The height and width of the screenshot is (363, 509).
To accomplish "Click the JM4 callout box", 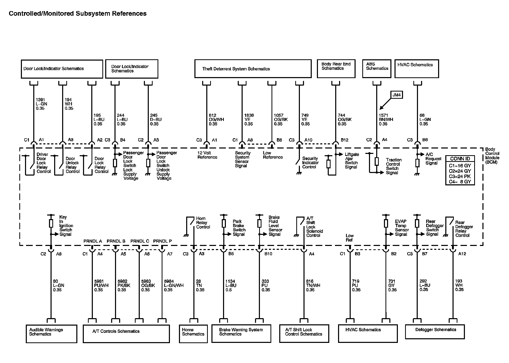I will (x=397, y=95).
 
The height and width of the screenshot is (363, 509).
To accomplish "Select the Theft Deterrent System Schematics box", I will (x=253, y=69).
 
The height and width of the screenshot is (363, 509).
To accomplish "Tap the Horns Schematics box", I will (x=193, y=333).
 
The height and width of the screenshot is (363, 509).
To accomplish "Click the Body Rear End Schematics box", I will (x=336, y=69).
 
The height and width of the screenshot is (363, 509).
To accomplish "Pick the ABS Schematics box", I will (x=377, y=69).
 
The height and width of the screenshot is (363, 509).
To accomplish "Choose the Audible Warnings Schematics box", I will (x=51, y=334).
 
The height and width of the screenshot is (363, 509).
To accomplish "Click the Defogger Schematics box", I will (x=435, y=331).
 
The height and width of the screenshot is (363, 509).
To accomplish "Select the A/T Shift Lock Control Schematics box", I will (x=304, y=333).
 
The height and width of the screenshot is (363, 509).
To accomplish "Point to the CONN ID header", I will (x=460, y=159).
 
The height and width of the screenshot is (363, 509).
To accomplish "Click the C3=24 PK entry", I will (x=460, y=176).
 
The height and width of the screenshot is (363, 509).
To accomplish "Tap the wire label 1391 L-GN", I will (x=42, y=104).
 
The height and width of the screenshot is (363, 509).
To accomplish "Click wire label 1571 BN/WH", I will (x=386, y=120).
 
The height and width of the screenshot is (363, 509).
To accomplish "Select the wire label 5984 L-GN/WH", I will (x=174, y=285).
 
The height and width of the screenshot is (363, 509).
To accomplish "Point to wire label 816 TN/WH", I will (x=313, y=285).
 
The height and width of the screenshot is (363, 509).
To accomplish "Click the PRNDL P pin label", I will (x=162, y=241).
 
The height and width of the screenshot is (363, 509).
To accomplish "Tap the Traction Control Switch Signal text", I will (x=393, y=166).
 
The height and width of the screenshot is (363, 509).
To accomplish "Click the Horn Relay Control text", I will (x=203, y=223).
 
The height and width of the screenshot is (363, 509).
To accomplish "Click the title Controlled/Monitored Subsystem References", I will (x=78, y=13).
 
